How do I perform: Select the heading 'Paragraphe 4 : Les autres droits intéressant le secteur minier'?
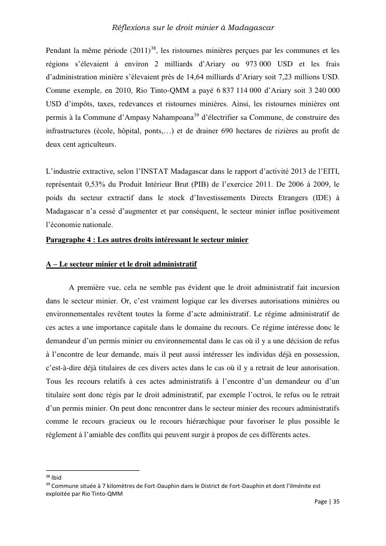point(147,240)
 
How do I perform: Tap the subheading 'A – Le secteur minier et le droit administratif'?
point(121,264)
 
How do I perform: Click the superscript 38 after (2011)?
point(153,48)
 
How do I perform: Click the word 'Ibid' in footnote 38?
point(56,477)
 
